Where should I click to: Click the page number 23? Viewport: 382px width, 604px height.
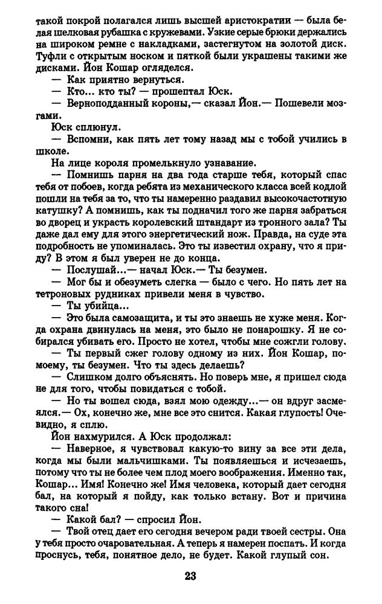(190, 574)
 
